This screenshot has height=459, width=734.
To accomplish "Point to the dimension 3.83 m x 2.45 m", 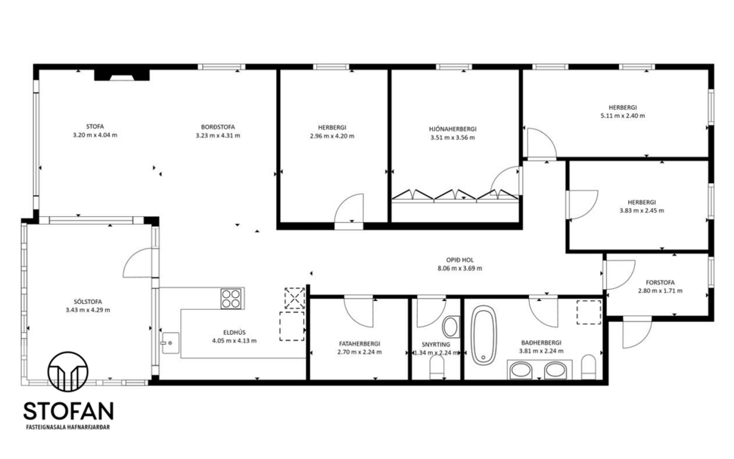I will coord(641,211).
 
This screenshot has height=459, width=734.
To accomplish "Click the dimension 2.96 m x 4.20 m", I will coord(331,136).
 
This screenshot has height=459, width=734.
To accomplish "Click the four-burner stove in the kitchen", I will coord(231,298).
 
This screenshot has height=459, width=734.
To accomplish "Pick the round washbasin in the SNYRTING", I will coord(450,327).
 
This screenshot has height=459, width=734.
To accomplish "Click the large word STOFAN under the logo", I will coord(68,411).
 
